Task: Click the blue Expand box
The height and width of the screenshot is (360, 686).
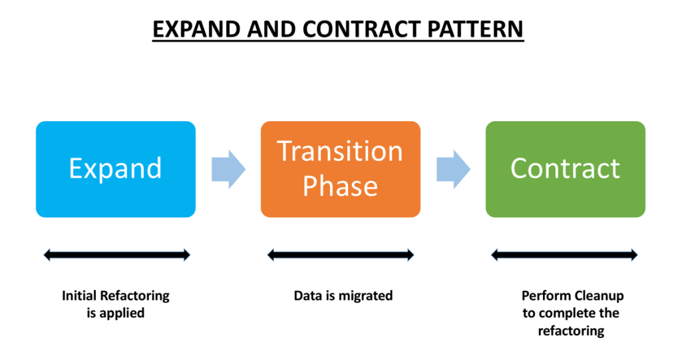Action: click(x=115, y=169)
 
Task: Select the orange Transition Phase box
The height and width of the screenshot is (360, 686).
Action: click(x=340, y=169)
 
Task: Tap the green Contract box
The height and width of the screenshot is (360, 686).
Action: click(x=565, y=169)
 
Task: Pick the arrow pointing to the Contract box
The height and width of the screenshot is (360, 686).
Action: click(x=453, y=169)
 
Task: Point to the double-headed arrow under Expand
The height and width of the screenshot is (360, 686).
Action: click(x=116, y=254)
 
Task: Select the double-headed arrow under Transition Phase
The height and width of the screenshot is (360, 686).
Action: click(x=340, y=254)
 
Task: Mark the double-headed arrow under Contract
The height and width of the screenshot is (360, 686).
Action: click(x=564, y=254)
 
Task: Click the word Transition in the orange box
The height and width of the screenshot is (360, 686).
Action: click(x=340, y=151)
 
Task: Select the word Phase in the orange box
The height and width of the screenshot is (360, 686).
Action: click(x=340, y=186)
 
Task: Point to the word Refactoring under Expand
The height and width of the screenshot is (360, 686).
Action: click(x=134, y=295)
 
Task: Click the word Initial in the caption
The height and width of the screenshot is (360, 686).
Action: click(x=79, y=295)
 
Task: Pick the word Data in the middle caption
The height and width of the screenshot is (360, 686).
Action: click(x=307, y=295)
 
